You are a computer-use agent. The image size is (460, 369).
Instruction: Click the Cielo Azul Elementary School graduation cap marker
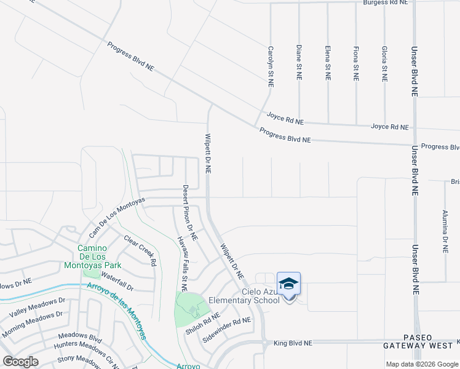[x=289, y=284]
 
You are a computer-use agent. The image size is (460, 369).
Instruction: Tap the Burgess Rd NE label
[x=385, y=3]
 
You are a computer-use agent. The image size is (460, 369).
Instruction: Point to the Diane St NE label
[x=298, y=63]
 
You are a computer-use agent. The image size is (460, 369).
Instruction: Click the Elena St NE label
[x=327, y=63]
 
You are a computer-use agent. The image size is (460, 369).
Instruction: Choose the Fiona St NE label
[x=355, y=63]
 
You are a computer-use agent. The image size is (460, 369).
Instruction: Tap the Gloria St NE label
[x=384, y=63]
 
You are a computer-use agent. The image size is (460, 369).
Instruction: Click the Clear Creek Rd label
[x=140, y=249]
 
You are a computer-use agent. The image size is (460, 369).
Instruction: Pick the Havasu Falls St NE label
[x=182, y=263]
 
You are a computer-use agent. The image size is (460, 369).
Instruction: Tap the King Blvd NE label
[x=293, y=343]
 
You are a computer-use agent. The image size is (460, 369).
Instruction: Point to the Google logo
[x=20, y=361]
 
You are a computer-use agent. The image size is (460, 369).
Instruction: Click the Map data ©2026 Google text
[x=422, y=364]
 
